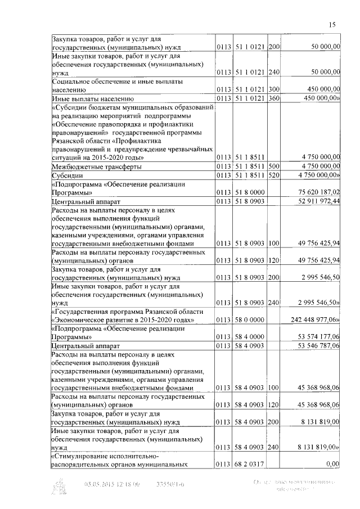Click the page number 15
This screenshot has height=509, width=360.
click(332, 24)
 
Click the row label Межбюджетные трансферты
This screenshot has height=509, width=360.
click(96, 166)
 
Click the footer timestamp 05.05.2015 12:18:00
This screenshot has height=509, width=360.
click(112, 483)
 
